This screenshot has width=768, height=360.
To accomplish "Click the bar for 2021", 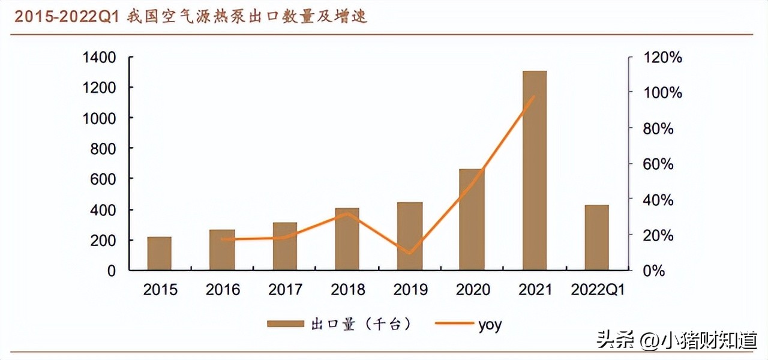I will (534, 170).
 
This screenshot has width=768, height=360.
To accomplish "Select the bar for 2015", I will (159, 253).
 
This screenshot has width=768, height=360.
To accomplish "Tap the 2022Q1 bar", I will (596, 238).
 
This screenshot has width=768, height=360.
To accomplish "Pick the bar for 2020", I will (471, 220).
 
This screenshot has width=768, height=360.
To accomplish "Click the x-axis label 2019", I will (410, 290).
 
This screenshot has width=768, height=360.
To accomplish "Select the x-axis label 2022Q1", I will (597, 290).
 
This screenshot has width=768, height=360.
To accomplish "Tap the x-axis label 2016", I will (223, 290).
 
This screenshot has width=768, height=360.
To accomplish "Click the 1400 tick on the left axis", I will (100, 58).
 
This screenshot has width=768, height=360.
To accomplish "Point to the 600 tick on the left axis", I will (104, 179).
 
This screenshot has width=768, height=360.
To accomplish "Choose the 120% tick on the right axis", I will (663, 58).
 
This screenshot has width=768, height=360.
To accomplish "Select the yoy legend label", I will (490, 325).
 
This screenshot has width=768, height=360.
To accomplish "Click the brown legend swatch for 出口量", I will (285, 325).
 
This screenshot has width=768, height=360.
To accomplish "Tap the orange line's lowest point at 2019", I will (410, 253).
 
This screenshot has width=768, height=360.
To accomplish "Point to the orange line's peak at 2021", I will (534, 97).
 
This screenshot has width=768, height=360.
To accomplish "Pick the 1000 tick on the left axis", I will (100, 118).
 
